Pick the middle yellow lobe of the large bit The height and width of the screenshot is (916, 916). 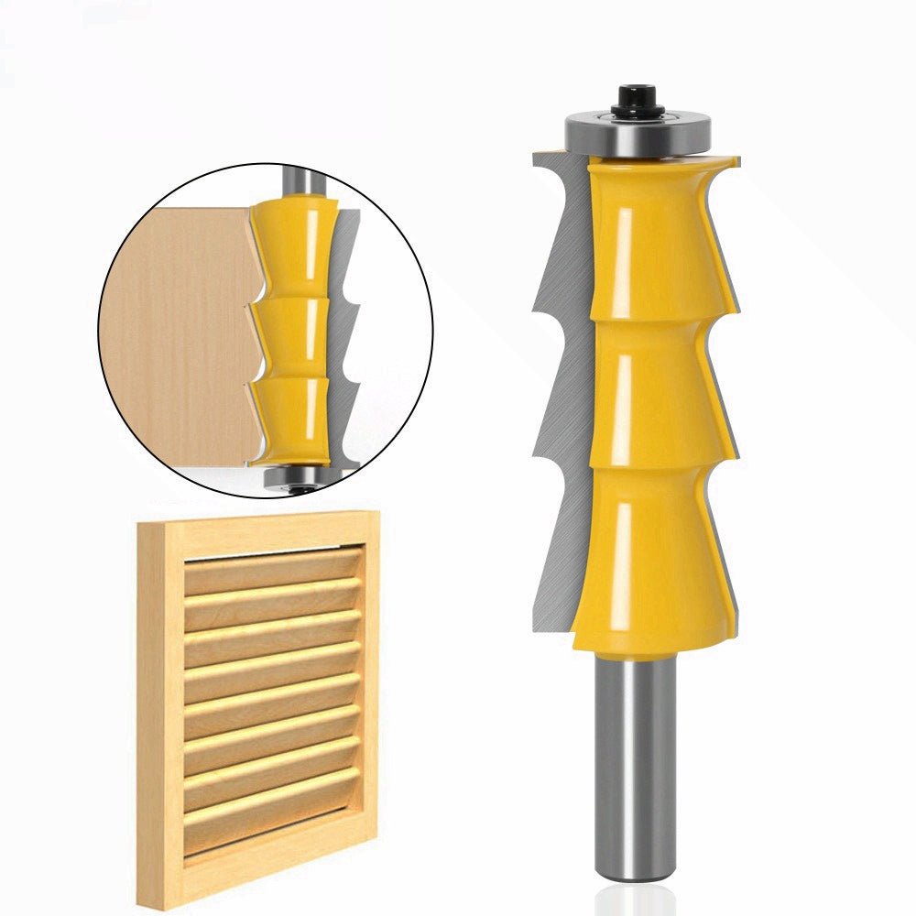click(646, 394)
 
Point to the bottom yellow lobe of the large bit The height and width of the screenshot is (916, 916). click(646, 559)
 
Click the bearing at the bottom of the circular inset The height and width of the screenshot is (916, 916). click(291, 477)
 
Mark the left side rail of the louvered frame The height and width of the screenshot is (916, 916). click(158, 705)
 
